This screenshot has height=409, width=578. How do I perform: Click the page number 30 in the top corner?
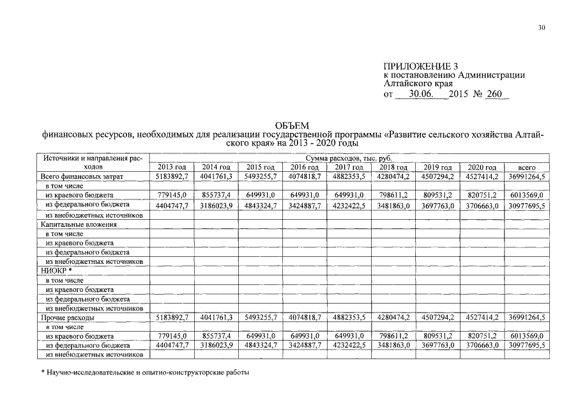point(542,27)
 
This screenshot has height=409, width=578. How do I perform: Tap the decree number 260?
point(494,94)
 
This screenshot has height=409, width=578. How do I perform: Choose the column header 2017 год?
point(349,167)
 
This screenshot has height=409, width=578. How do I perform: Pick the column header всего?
point(528,167)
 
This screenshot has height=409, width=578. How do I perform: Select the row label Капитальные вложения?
point(78,225)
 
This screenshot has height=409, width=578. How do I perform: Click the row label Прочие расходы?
point(68,318)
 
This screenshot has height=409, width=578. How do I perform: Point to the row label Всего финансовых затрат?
point(80,176)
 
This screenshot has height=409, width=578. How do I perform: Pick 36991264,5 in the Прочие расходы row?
point(528,318)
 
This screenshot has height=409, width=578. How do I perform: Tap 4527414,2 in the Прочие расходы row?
point(482,318)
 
